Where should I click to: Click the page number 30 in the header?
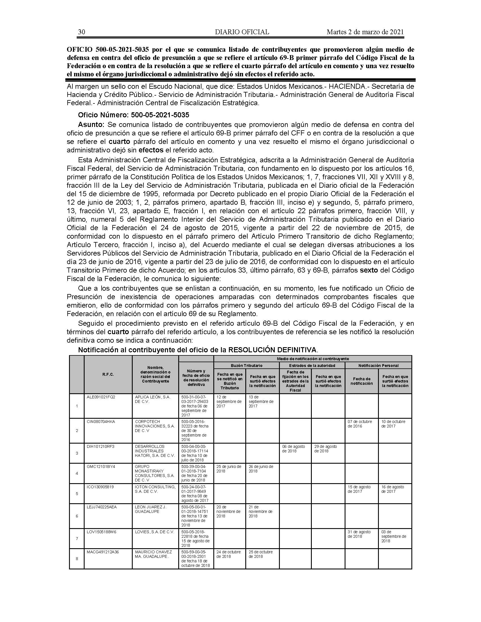81,32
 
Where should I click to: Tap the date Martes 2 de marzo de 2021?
365,32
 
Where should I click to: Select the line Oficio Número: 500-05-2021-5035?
133,115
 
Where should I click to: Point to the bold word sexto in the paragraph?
369,270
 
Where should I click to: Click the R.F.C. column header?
108,375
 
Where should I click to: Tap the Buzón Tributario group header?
246,365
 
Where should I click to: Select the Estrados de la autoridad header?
312,365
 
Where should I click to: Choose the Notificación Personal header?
378,365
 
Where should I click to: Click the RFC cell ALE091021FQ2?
101,397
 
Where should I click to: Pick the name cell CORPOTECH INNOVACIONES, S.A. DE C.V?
155,426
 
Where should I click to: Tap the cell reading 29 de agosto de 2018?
325,449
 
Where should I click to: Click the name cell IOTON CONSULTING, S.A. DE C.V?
155,489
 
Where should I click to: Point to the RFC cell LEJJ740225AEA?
102,507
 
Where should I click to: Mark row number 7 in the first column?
77,538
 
